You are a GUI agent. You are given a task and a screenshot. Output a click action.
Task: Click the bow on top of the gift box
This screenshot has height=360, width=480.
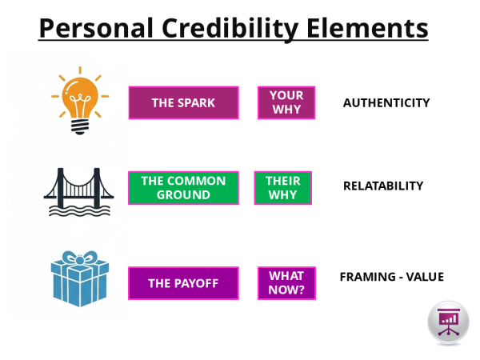79,259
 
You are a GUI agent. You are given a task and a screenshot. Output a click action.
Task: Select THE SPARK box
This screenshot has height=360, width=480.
183,102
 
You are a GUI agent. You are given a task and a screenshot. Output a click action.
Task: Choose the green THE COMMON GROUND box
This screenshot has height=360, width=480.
183,187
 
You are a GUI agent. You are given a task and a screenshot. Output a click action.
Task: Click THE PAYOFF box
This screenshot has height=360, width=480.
183,283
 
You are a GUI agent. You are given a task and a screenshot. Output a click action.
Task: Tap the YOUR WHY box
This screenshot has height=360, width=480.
286,102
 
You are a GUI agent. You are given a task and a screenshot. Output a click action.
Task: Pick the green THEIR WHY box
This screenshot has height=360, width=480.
282,187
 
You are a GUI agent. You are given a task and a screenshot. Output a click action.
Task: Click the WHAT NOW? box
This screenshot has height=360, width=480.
286,283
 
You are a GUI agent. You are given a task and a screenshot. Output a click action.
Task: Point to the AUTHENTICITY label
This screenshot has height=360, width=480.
386,102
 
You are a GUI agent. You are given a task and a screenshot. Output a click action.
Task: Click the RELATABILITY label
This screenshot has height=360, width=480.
382,186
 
